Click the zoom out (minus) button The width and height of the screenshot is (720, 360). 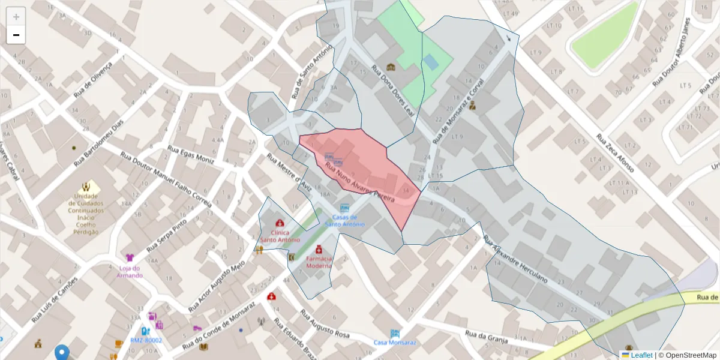click(16, 35)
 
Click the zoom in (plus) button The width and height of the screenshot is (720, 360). click(16, 16)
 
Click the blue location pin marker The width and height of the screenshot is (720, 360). click(62, 353)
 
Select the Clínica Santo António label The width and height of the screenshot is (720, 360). click(280, 236)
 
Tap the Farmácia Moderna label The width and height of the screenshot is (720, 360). click(319, 262)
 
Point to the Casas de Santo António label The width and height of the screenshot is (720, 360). click(345, 220)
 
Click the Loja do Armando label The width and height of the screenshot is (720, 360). click(130, 272)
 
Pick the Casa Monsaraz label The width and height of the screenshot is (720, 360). click(394, 343)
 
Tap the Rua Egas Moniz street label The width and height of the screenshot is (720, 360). click(191, 155)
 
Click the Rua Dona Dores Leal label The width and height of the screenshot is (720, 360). click(394, 89)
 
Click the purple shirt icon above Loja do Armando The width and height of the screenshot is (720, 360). click(130, 258)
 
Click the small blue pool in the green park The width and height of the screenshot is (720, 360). click(430, 62)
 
